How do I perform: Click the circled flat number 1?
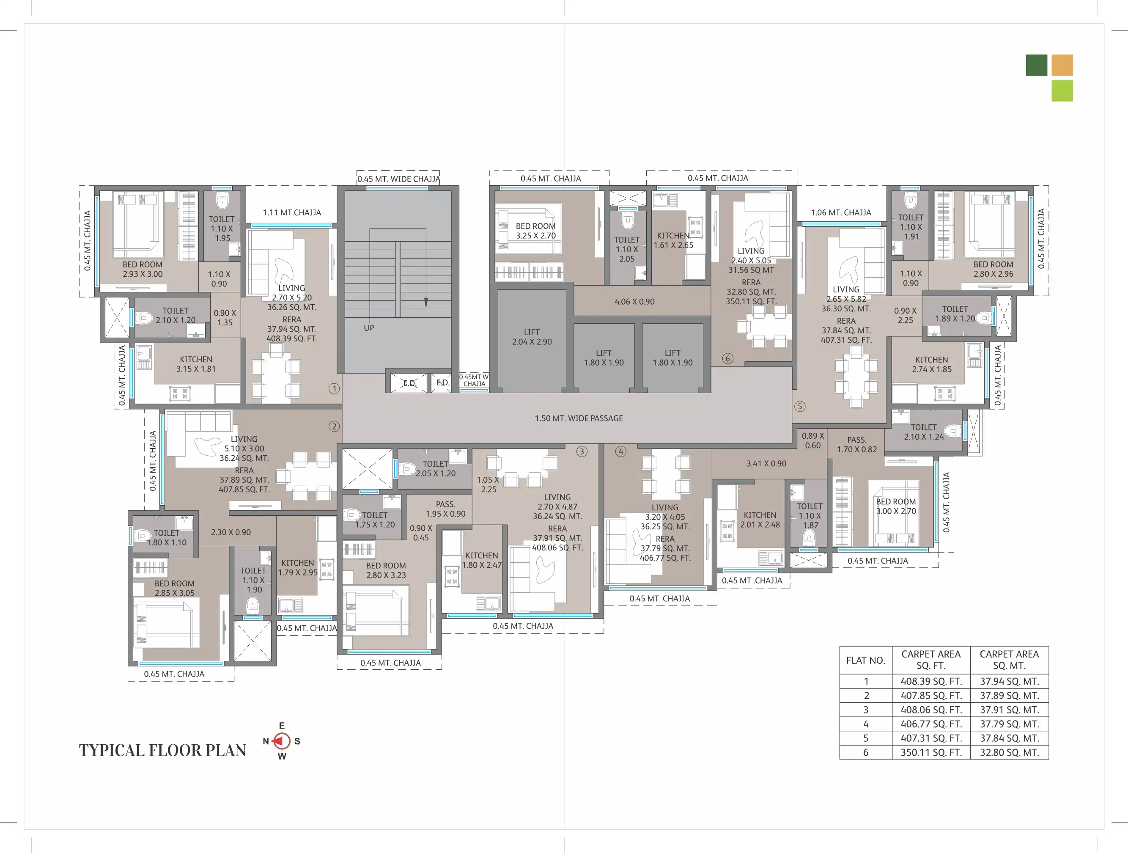334,389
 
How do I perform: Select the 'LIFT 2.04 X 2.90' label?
532,337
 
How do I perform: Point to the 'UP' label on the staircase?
369,327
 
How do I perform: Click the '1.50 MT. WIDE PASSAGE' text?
579,418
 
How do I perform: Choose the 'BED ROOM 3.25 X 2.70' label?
535,231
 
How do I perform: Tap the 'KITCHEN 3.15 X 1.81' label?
196,364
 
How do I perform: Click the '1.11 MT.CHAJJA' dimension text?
292,212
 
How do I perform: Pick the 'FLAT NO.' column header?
865,660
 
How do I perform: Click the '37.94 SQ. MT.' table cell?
1009,681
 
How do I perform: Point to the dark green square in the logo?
1037,65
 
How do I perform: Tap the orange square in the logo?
1062,65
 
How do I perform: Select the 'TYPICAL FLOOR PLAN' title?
162,750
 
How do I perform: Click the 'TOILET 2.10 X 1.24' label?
924,432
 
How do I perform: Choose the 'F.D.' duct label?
443,382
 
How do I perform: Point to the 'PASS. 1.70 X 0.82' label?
857,444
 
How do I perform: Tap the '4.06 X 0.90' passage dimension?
634,302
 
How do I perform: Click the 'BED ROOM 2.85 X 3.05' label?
174,588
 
